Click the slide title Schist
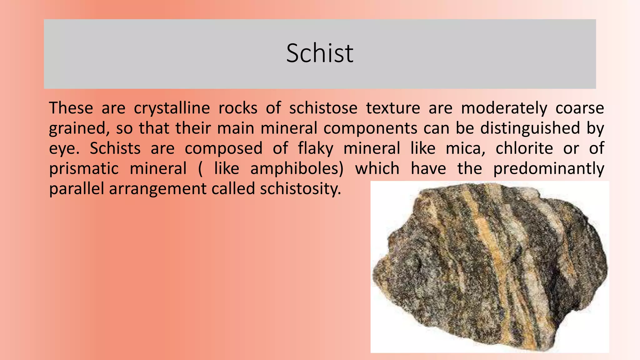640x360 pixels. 320,53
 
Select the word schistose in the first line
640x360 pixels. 323,108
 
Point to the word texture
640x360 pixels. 393,108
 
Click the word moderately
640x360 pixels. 504,108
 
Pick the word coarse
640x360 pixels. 580,108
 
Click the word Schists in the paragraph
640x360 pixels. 115,148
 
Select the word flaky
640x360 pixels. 315,148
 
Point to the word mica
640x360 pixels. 465,148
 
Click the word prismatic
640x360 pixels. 84,169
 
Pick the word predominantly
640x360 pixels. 548,169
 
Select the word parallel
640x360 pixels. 76,189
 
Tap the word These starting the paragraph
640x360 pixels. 71,108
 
